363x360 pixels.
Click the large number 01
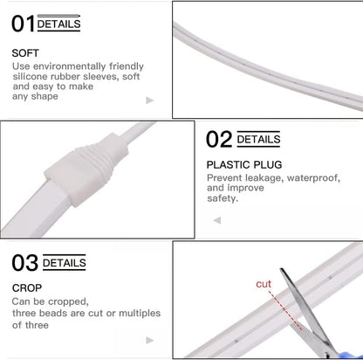[23, 24]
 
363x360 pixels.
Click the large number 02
[220, 138]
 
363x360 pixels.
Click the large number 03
[25, 263]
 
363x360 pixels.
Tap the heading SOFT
[25, 52]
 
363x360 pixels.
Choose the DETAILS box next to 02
[259, 138]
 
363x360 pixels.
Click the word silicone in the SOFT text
[31, 76]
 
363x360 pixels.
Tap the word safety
[223, 198]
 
